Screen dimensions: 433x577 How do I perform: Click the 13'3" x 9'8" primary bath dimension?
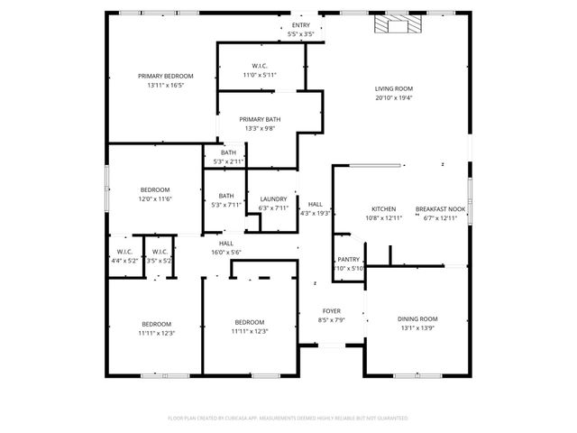(x=260, y=128)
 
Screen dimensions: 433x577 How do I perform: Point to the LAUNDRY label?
(x=273, y=198)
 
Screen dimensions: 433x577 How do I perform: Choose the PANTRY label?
(x=349, y=259)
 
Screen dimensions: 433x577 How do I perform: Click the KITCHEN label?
(x=384, y=208)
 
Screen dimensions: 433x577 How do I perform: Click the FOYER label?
(x=332, y=310)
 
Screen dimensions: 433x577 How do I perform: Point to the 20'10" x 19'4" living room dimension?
(x=394, y=97)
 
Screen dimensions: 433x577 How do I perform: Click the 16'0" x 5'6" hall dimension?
(x=226, y=252)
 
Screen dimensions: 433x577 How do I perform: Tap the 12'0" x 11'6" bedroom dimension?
(x=155, y=198)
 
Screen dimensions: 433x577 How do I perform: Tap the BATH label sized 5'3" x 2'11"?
(x=229, y=152)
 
